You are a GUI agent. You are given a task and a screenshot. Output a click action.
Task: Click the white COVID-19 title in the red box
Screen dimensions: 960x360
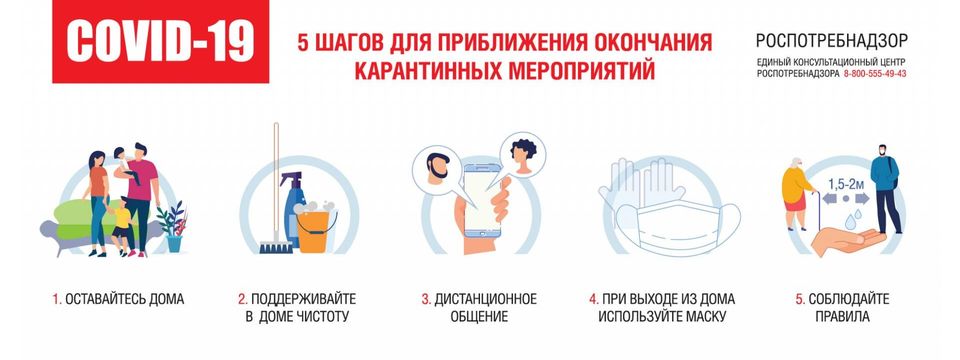click(x=160, y=42)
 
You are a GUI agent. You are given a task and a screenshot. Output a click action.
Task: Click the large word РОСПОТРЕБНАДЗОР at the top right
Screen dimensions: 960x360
click(x=832, y=41)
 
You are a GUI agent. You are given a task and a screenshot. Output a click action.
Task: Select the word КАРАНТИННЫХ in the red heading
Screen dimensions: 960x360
click(x=419, y=70)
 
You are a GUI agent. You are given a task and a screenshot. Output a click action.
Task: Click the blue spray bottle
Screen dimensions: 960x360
click(x=293, y=208)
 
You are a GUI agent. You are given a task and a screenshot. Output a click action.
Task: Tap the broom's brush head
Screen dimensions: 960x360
click(x=276, y=247)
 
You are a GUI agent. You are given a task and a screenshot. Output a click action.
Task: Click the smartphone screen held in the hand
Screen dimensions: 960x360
click(x=482, y=200)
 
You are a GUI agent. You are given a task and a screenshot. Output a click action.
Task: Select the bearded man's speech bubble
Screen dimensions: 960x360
click(x=436, y=166)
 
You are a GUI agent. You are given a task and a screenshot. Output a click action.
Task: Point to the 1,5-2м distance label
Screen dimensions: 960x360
click(x=846, y=182)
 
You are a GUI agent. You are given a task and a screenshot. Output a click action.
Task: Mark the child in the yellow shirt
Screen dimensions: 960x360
click(x=123, y=225)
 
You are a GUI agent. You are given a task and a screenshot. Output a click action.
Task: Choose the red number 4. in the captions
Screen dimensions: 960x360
click(x=594, y=299)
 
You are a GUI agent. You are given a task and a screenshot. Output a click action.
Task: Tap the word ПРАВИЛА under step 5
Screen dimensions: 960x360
click(x=842, y=317)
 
